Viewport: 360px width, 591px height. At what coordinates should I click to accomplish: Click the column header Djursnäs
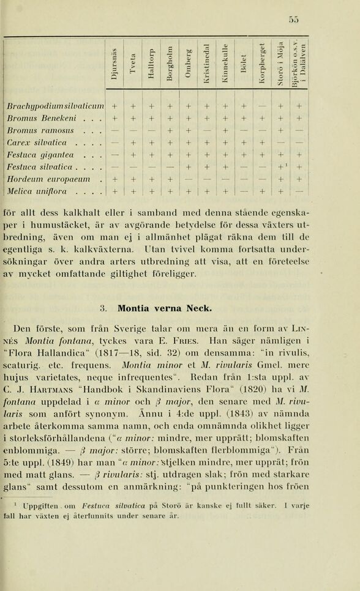114,62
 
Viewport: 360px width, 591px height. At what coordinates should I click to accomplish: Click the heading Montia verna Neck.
165,307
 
